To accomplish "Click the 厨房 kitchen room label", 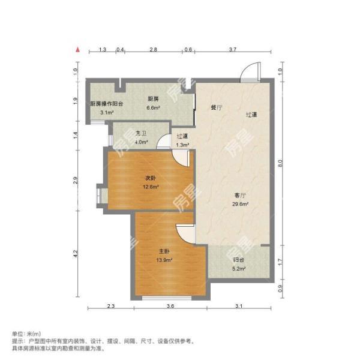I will tap(153, 99).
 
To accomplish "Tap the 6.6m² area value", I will tap(153, 108).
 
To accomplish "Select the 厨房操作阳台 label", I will tap(107, 104).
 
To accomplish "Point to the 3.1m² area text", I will tap(107, 112).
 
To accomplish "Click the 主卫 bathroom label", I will tap(142, 133).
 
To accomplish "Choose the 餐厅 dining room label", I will tap(216, 108).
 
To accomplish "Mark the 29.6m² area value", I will tap(241, 203).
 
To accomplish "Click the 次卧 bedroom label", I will tap(151, 178).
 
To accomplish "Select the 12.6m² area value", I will tap(151, 187).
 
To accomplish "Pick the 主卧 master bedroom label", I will tap(164, 251).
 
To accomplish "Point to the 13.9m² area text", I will tap(164, 260).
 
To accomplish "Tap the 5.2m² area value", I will tap(238, 269).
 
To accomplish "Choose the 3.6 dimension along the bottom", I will tap(170, 307).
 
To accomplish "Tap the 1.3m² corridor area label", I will tap(182, 145).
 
